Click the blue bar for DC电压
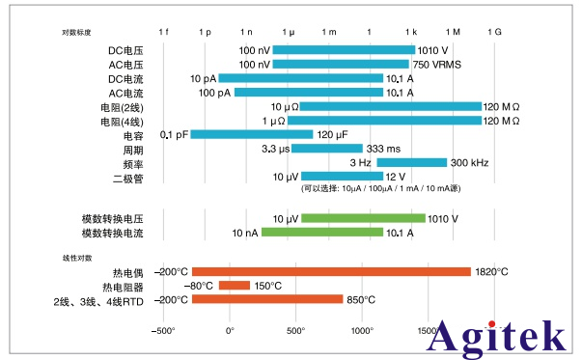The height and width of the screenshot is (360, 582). tap(344, 50)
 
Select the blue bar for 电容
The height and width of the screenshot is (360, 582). tap(252, 134)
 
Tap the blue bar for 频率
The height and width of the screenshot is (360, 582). tap(411, 162)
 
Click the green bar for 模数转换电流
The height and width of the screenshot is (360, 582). tap(321, 233)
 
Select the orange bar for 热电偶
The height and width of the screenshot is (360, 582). tap(331, 272)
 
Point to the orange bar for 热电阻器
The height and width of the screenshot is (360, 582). tap(234, 286)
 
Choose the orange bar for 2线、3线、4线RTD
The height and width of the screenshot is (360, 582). tap(267, 300)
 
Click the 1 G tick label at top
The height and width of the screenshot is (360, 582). tap(494, 32)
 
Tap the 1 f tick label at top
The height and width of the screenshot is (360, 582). tap(163, 32)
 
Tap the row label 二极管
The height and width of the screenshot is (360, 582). tap(127, 177)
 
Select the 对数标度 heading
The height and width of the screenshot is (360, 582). tap(77, 33)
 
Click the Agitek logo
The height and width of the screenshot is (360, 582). tap(496, 335)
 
